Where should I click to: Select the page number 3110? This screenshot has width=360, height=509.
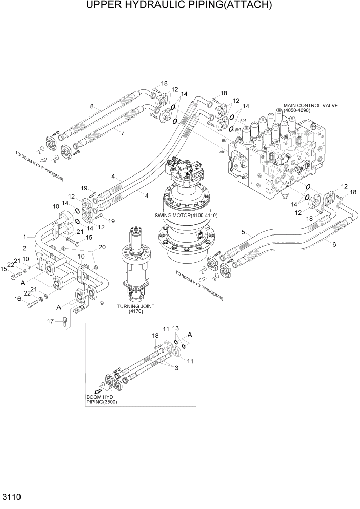(11, 497)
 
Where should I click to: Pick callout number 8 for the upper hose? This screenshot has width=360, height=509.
(92, 107)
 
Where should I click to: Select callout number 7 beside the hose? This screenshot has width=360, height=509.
(123, 133)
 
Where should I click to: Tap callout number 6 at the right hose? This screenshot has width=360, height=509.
(334, 244)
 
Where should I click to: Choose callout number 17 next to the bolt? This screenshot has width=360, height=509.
(51, 321)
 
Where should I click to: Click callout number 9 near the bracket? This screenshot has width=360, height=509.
(102, 303)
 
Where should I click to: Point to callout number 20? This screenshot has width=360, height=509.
(102, 247)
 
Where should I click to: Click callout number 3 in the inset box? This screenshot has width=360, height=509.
(177, 368)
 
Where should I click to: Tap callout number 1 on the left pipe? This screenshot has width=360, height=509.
(24, 237)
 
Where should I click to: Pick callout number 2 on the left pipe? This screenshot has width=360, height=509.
(24, 247)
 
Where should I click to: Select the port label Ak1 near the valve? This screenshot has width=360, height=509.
(223, 152)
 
